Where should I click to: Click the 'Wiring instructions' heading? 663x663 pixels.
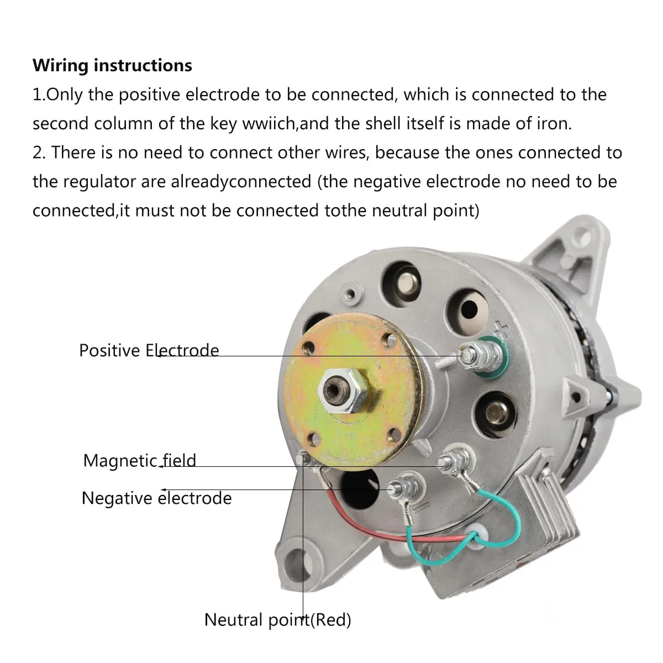(112, 65)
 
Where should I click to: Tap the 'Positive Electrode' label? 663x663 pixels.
(149, 351)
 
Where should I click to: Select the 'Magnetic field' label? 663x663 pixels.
(140, 460)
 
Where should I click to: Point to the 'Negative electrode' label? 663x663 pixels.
(156, 498)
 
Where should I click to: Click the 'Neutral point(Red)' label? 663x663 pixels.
(278, 620)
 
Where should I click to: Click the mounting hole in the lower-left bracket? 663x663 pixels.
(293, 565)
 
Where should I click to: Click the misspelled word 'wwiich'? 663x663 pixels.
(270, 124)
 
